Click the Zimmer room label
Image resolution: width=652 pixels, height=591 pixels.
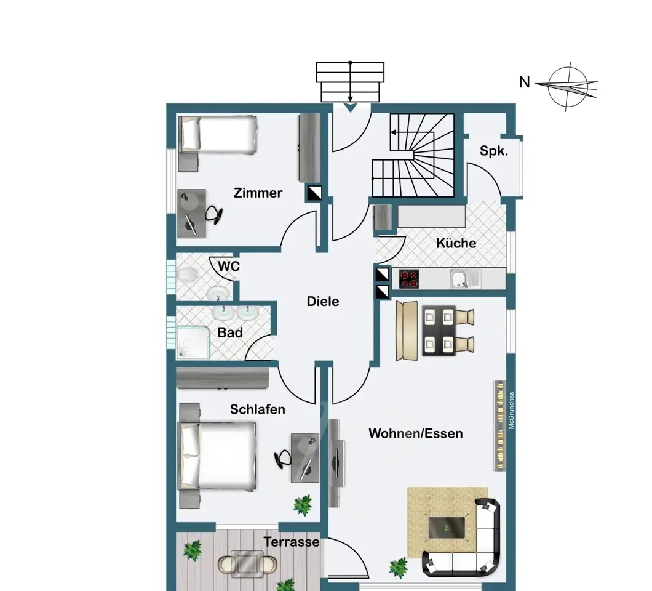pyautogui.click(x=258, y=193)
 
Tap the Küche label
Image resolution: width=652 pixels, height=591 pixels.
pyautogui.click(x=456, y=243)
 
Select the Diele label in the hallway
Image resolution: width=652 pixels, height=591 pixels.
pyautogui.click(x=323, y=301)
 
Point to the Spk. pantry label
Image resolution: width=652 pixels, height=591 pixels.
pyautogui.click(x=494, y=151)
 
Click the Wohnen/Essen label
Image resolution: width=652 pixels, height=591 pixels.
pyautogui.click(x=415, y=433)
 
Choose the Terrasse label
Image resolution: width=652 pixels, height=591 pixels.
pyautogui.click(x=292, y=542)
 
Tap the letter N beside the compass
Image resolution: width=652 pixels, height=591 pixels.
pyautogui.click(x=524, y=82)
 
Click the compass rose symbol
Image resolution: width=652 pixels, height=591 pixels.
pyautogui.click(x=567, y=86)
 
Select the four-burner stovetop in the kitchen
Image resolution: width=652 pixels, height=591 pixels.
pyautogui.click(x=409, y=279)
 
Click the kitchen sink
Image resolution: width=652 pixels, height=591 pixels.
pyautogui.click(x=465, y=279)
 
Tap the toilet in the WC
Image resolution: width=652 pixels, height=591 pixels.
pyautogui.click(x=187, y=275)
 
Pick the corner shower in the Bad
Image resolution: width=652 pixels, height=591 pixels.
pyautogui.click(x=193, y=342)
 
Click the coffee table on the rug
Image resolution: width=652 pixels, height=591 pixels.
pyautogui.click(x=447, y=527)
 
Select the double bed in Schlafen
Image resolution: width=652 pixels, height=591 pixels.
pyautogui.click(x=217, y=456)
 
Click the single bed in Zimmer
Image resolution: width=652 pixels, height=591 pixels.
pyautogui.click(x=217, y=134)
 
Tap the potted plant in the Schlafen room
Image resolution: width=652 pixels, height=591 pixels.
pyautogui.click(x=303, y=505)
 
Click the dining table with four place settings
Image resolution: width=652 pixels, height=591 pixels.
pyautogui.click(x=439, y=331)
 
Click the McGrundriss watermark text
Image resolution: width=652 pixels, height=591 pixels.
pyautogui.click(x=512, y=411)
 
